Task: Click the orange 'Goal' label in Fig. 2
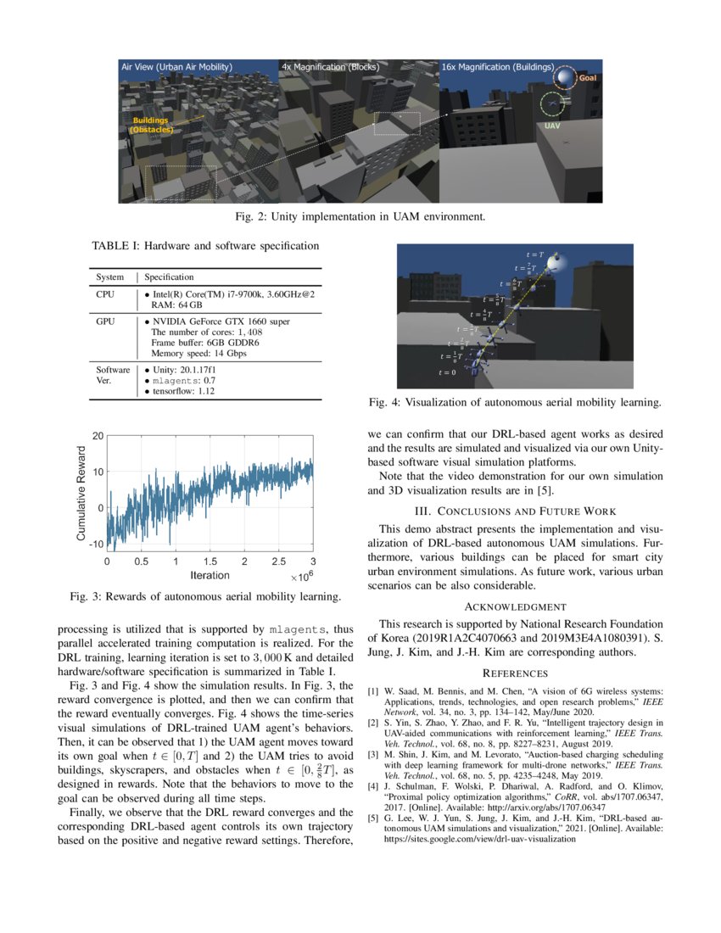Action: point(588,78)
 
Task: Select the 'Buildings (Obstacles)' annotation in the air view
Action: point(153,126)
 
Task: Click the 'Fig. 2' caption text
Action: point(360,216)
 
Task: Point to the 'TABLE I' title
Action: point(205,247)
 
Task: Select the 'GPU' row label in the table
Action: point(105,321)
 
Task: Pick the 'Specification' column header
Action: point(169,277)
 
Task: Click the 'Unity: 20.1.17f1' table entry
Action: point(185,370)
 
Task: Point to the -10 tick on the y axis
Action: point(97,544)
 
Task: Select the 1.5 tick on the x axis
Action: point(210,561)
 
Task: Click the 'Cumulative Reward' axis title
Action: point(82,490)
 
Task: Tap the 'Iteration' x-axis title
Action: point(210,576)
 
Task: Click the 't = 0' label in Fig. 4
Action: point(447,372)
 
